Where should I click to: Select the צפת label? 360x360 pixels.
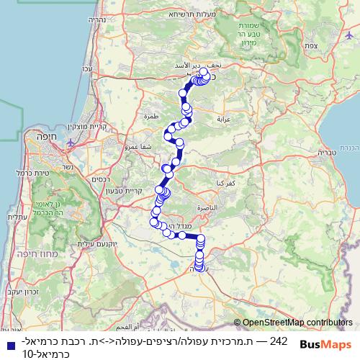click(x=331, y=44)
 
